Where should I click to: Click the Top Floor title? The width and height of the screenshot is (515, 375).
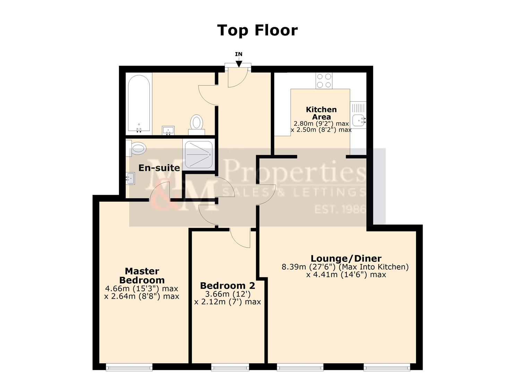(x=257, y=30)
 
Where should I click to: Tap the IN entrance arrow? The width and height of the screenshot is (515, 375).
(x=239, y=63)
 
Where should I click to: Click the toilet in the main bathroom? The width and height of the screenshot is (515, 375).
(x=197, y=123)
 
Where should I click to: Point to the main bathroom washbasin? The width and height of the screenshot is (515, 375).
(x=169, y=131)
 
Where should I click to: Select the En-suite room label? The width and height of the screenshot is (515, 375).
(x=159, y=168)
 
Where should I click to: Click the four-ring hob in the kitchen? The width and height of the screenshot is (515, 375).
(x=324, y=81)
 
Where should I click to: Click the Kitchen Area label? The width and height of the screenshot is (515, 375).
(x=321, y=113)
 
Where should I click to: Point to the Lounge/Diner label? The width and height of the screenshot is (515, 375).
(x=346, y=258)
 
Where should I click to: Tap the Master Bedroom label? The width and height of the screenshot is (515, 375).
(x=142, y=275)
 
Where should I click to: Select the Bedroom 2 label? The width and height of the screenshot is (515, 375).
(x=228, y=285)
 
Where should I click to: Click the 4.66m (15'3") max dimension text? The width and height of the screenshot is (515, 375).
(x=141, y=289)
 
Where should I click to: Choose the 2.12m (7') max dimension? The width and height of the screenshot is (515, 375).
(x=228, y=302)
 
